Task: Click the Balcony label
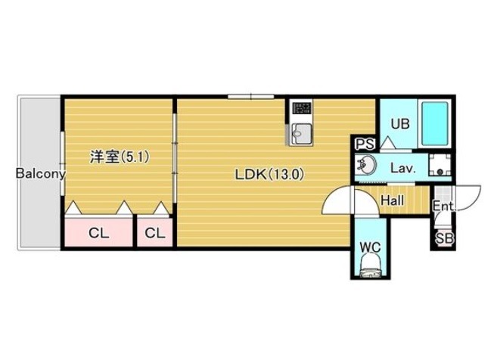41,173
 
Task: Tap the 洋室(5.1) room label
120,157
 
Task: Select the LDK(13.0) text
269,175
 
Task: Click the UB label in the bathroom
400,124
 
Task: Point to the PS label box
365,144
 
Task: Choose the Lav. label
403,168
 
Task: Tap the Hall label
392,200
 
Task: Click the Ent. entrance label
444,206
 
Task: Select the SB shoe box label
445,238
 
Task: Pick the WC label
371,247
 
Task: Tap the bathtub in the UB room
435,123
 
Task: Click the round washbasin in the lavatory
365,164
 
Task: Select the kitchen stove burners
302,108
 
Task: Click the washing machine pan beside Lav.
440,165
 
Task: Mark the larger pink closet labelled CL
98,232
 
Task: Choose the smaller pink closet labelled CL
155,232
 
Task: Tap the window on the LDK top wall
250,96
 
